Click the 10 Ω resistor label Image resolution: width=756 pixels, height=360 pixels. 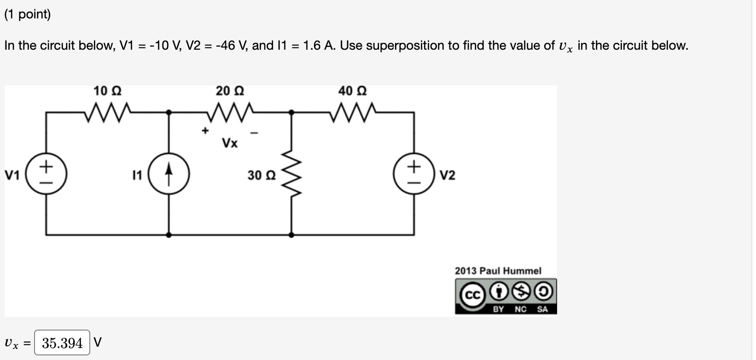point(107,91)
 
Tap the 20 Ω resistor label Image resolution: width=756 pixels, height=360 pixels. point(230,91)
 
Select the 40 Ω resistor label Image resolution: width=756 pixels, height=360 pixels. point(352,91)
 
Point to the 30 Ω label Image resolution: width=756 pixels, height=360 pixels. point(262,175)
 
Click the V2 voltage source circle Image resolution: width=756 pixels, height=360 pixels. point(414,175)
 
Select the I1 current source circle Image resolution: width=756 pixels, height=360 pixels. point(169,175)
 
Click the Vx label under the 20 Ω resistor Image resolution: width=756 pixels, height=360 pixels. point(230,143)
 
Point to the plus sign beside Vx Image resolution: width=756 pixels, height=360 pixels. point(205,131)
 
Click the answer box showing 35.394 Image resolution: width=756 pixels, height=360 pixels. point(62,343)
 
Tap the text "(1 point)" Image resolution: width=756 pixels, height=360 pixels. point(28,14)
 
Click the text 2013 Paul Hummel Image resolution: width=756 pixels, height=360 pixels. point(498,271)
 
